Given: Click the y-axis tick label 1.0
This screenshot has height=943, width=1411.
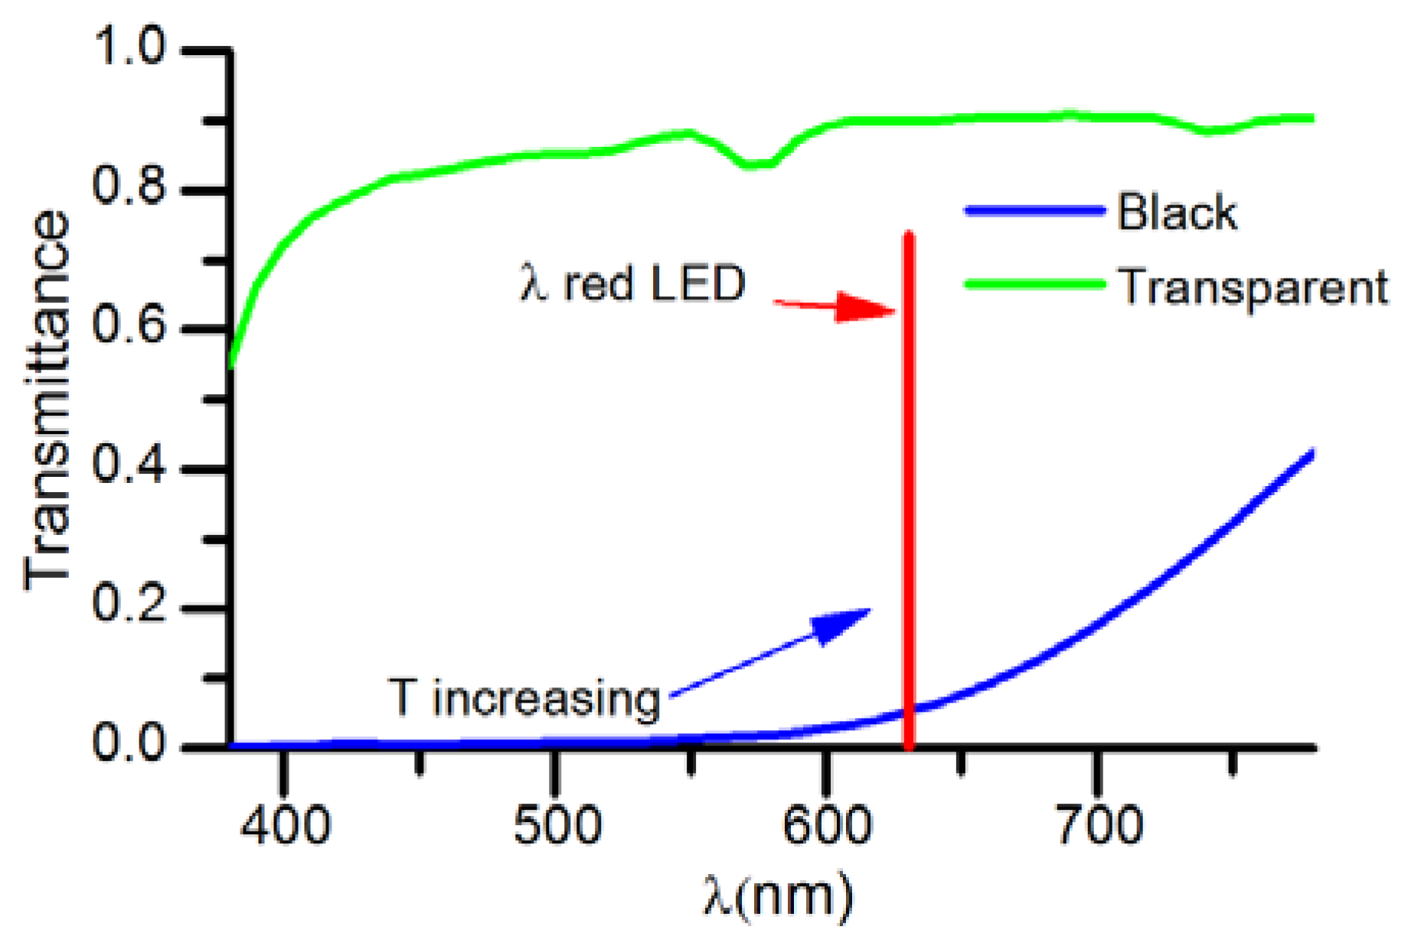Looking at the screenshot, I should tap(128, 47).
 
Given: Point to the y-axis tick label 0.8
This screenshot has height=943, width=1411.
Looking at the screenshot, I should tap(128, 187).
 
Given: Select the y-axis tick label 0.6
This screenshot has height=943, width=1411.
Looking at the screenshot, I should tap(128, 326).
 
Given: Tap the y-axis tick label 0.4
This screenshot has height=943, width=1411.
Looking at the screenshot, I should tap(128, 465).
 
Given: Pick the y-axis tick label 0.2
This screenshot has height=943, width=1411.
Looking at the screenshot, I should tap(128, 605).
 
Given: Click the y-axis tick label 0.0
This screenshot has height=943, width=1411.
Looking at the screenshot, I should tap(128, 743).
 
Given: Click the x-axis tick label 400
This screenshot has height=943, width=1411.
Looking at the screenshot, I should tap(285, 825).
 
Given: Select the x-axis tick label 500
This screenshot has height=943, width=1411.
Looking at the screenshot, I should tap(557, 825).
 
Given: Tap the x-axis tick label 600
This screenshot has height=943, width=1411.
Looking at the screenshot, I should tap(827, 825).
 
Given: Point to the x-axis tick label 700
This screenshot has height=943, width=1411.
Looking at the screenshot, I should tap(1099, 825).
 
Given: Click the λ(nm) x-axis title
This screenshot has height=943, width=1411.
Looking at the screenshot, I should tap(778, 896).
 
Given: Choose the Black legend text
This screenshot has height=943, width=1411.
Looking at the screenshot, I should tap(1176, 212).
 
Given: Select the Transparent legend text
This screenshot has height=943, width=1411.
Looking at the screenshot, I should tap(1253, 287).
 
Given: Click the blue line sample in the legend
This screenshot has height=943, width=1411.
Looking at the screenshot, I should tap(1035, 210).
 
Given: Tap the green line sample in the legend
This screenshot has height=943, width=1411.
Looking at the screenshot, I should tap(1035, 285).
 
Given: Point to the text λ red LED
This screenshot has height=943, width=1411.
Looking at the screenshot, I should tap(632, 284).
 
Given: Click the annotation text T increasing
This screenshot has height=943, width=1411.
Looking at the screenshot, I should tap(524, 698).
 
